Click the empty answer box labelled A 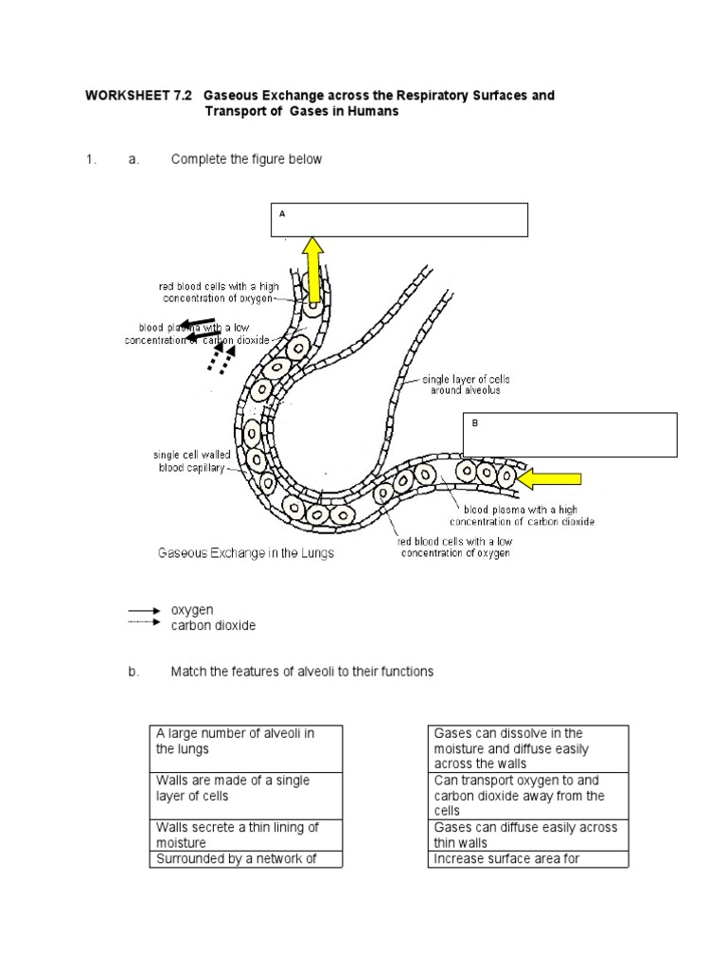pyautogui.click(x=399, y=220)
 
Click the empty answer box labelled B pyautogui.click(x=570, y=435)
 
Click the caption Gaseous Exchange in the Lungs pyautogui.click(x=245, y=552)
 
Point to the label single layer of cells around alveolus pyautogui.click(x=458, y=385)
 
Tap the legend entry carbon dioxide pyautogui.click(x=213, y=625)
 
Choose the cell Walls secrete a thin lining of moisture pyautogui.click(x=246, y=835)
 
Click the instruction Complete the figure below pyautogui.click(x=246, y=159)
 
